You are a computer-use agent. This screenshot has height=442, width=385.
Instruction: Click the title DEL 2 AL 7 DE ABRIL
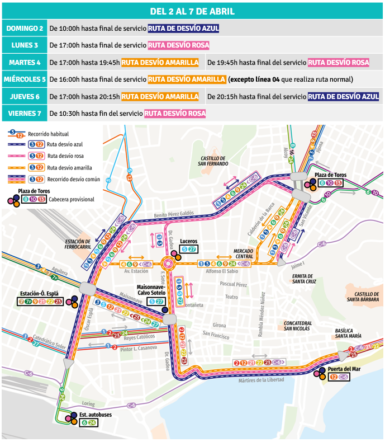[192, 11]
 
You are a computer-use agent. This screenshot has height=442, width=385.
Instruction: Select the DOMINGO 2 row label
[24, 29]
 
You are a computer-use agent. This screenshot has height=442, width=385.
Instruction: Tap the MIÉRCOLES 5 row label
[24, 79]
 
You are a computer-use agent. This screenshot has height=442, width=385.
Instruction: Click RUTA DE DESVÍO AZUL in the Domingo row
[183, 29]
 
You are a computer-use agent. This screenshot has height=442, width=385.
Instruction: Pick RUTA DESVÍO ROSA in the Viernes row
[174, 114]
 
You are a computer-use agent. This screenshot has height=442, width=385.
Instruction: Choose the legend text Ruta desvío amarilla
[70, 167]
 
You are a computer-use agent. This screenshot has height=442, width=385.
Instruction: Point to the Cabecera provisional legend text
[72, 199]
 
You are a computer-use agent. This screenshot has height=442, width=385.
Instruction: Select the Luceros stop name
[188, 242]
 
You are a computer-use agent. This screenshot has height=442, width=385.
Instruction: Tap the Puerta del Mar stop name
[343, 369]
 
